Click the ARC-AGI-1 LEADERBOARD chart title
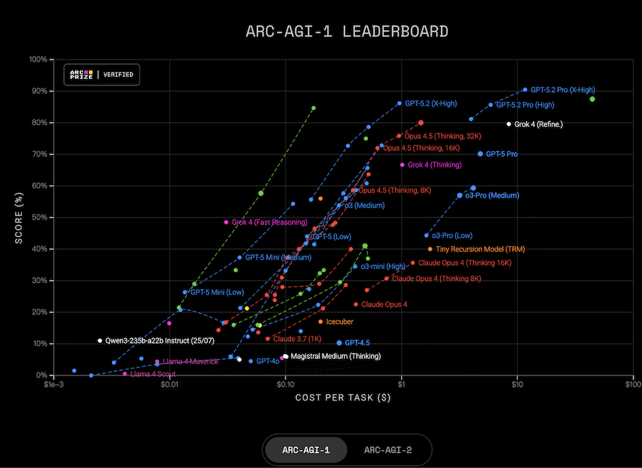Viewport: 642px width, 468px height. pos(346,31)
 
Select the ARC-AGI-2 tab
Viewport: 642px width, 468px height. pos(387,450)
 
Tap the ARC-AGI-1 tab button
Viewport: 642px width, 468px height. pos(306,450)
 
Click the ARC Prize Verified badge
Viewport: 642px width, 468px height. pos(102,75)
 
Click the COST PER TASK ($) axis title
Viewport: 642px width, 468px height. pos(342,398)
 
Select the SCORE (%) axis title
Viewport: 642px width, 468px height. pos(19,217)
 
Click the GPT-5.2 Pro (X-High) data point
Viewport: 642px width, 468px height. pos(525,90)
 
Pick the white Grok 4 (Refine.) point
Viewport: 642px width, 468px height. pos(509,123)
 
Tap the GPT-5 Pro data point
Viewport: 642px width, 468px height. pos(481,154)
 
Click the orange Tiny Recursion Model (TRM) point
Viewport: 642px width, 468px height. pos(430,249)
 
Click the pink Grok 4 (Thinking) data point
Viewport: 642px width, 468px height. pos(402,165)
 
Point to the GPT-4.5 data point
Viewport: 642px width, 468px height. pos(339,343)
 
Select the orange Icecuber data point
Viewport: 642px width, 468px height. pos(320,322)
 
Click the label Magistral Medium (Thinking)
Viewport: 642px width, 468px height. pos(336,356)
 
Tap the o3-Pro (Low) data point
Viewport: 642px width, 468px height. pos(426,235)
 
